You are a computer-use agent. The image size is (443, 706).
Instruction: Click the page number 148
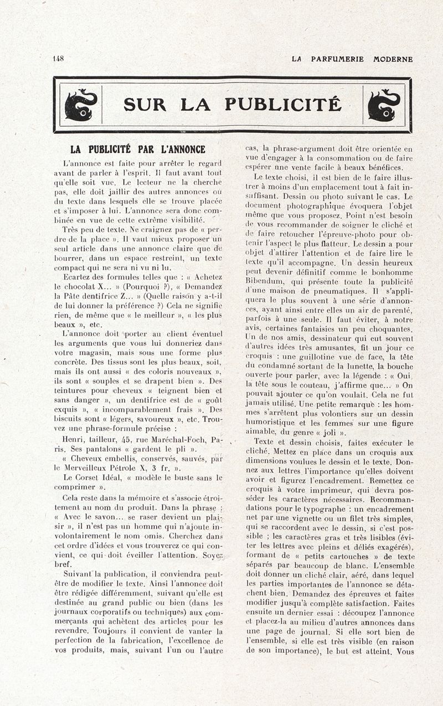[58, 59]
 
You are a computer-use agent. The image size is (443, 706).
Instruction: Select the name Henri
[76, 440]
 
